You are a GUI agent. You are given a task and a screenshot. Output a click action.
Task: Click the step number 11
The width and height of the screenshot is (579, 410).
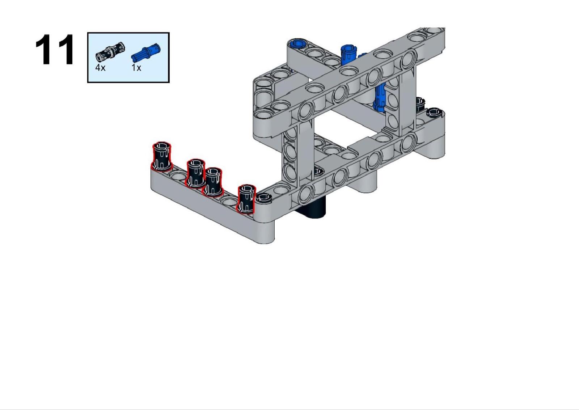[x=55, y=49]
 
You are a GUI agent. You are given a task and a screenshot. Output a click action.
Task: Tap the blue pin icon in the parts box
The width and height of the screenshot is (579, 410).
[x=146, y=53]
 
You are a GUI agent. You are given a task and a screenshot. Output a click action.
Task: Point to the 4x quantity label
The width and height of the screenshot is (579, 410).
[x=100, y=68]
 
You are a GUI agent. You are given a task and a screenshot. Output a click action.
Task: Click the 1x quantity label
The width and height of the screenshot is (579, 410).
[x=136, y=68]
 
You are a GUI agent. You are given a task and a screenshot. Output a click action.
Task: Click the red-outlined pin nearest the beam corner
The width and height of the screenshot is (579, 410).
[x=246, y=199]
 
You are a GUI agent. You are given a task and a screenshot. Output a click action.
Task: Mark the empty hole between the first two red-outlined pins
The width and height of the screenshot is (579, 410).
[x=178, y=177]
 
